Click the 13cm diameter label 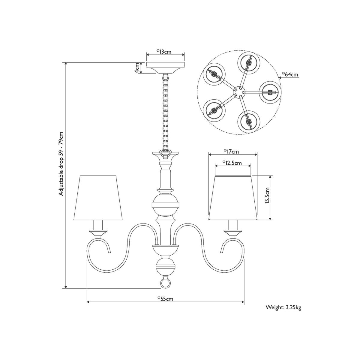164,51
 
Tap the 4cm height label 137,68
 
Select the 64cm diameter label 290,74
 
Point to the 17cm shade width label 231,151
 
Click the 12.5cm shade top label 232,163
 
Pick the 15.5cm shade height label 267,198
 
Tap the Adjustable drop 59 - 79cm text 61,164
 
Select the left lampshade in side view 98,198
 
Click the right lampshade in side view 233,198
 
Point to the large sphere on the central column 165,205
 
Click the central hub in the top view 239,92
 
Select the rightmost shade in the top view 270,92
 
